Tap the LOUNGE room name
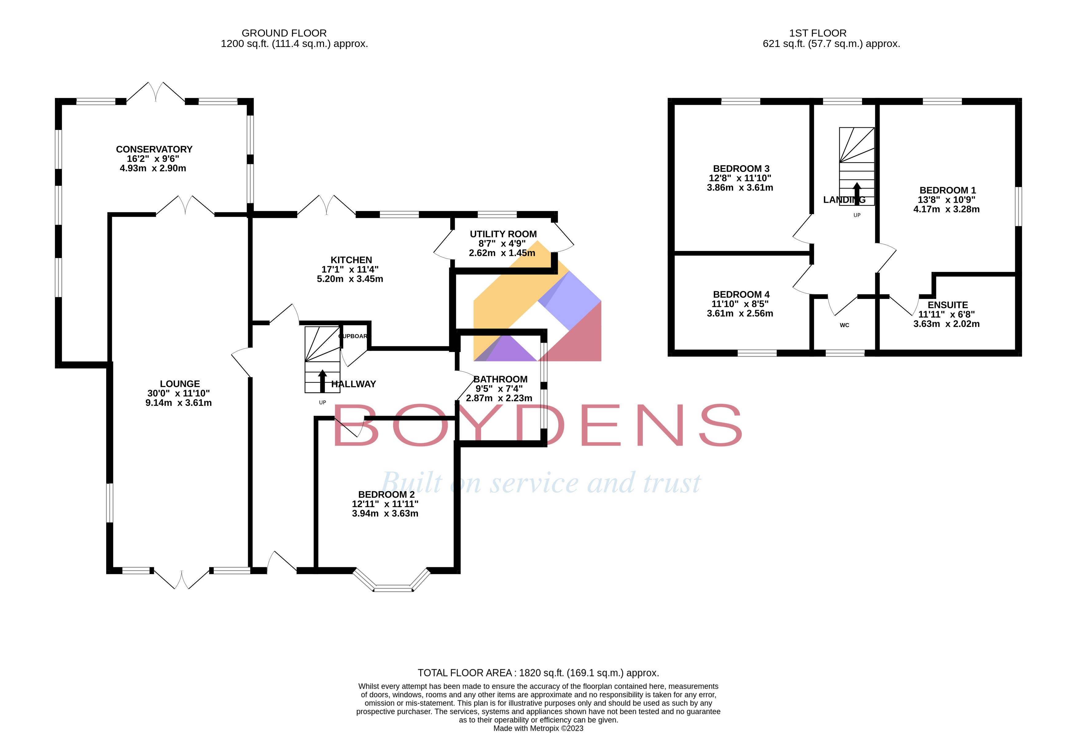click(180, 384)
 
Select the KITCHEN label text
click(351, 260)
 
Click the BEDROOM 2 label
click(386, 495)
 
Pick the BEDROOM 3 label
click(741, 169)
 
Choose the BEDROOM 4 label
click(741, 294)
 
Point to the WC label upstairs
click(844, 325)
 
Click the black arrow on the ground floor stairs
click(322, 381)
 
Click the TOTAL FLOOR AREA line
click(538, 673)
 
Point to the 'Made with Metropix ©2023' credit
click(538, 728)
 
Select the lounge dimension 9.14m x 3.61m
click(178, 403)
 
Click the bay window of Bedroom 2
click(393, 586)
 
